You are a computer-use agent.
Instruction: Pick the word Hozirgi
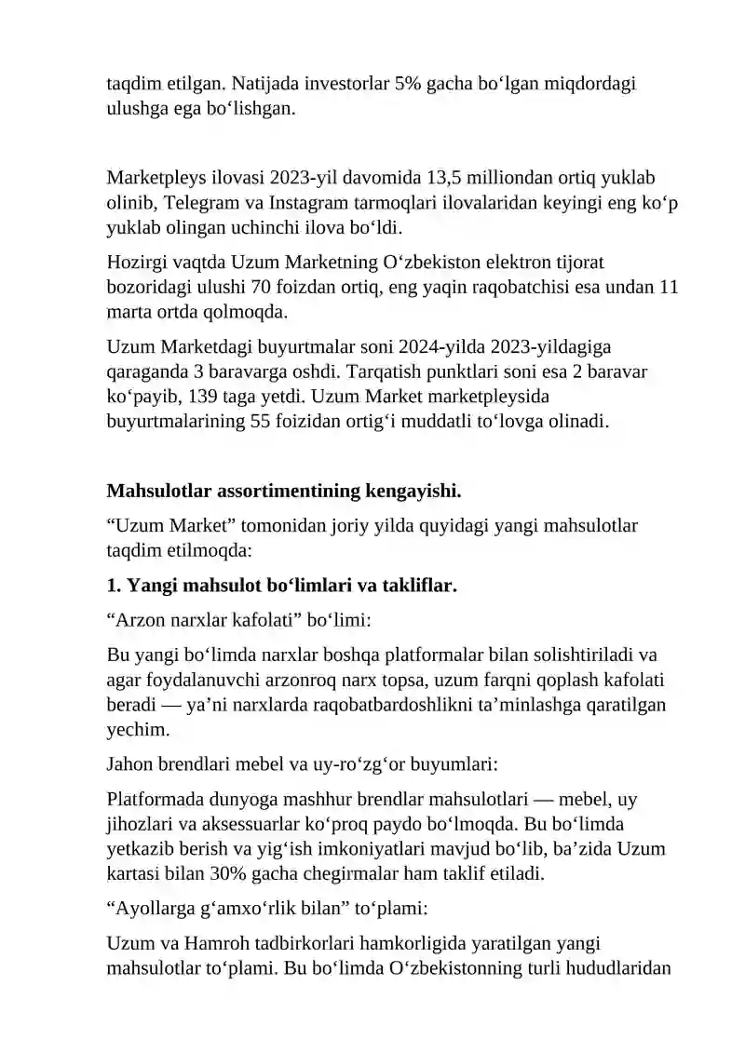click(x=136, y=264)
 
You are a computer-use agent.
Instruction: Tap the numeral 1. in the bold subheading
click(x=115, y=586)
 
